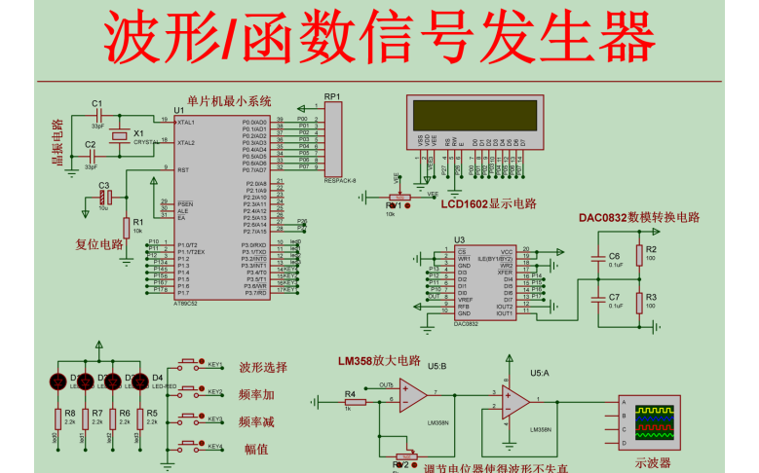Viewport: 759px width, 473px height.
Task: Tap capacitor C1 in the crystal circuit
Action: (x=97, y=116)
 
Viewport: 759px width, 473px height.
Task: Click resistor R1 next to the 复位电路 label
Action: (x=127, y=227)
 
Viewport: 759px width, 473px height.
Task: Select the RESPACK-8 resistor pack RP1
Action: (x=333, y=142)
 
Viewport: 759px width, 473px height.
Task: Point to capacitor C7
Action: (x=599, y=302)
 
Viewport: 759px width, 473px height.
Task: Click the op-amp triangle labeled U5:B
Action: (x=413, y=394)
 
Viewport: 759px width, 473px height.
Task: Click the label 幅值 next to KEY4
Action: (x=255, y=449)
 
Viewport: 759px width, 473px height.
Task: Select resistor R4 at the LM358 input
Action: (x=349, y=402)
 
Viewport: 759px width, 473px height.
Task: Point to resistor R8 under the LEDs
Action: (x=57, y=419)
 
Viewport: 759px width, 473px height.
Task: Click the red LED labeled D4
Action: (x=138, y=380)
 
